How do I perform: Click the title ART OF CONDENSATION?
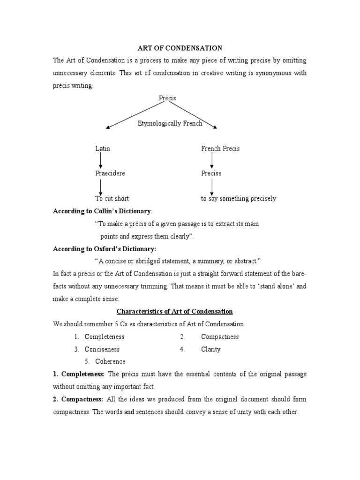click(180, 48)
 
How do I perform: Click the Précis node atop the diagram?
click(167, 98)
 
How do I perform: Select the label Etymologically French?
click(170, 123)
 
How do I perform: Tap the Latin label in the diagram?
click(103, 148)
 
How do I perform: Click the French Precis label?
click(220, 148)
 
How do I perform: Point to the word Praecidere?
click(110, 173)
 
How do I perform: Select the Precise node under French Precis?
click(211, 173)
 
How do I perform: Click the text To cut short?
click(112, 198)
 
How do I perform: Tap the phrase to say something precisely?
click(239, 198)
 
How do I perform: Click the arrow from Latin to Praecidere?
click(100, 160)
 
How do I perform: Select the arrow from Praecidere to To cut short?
click(100, 186)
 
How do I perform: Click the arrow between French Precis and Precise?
click(212, 160)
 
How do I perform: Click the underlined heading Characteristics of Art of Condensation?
click(174, 311)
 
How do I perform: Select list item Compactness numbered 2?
click(220, 337)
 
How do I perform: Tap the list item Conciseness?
click(102, 349)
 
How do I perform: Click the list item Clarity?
click(210, 349)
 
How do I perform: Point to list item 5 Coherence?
click(110, 361)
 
